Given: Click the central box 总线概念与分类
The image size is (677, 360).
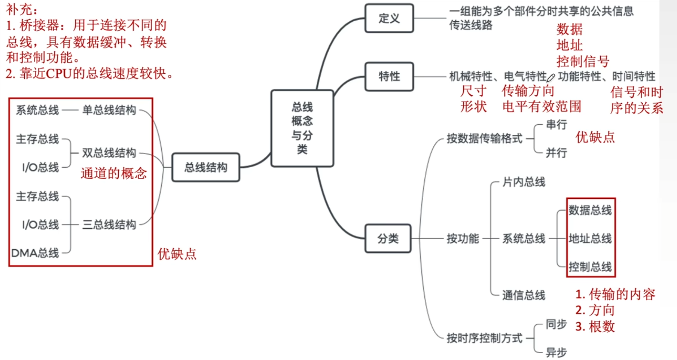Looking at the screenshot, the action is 302,128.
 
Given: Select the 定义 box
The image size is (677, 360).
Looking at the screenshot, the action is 389,18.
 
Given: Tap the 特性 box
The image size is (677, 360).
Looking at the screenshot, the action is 389,77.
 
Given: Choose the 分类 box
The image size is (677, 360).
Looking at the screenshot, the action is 388,238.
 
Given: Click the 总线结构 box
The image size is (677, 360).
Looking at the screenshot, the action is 205,167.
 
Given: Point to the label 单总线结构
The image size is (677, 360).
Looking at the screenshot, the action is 109,110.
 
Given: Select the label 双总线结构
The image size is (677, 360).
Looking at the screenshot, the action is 109,153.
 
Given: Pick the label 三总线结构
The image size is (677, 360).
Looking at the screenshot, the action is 109,225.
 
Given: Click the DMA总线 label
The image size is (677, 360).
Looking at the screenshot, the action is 35,253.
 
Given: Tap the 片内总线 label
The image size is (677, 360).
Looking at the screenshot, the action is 524,182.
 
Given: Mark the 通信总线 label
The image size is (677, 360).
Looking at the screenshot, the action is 524,295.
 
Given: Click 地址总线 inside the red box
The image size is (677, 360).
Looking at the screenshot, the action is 590,238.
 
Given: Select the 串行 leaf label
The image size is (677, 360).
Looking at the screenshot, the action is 556,125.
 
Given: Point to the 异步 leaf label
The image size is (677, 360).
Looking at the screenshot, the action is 556,352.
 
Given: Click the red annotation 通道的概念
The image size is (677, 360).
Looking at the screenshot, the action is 114,173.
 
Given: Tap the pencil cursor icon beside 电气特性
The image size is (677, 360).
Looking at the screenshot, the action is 551,78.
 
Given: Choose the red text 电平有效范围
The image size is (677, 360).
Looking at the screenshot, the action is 542,107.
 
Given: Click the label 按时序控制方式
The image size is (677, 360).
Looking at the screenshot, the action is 484,338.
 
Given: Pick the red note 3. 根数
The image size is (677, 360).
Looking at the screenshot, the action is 595,327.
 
